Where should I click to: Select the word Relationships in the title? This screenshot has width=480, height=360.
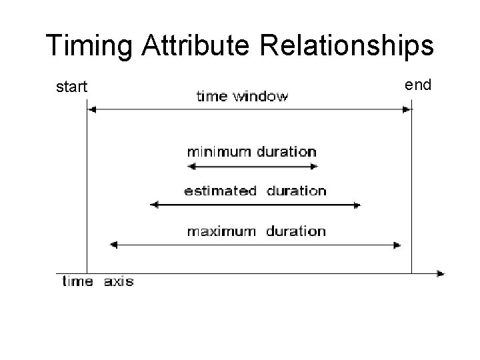(348, 46)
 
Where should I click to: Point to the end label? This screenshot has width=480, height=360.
(419, 85)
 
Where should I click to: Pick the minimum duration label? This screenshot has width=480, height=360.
(251, 151)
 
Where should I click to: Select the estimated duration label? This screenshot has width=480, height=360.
(255, 191)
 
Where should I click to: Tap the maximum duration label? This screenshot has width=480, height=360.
(256, 231)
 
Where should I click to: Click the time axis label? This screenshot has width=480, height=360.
(98, 281)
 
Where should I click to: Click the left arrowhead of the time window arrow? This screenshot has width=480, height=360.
(92, 110)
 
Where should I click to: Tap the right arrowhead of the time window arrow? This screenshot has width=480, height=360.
(407, 110)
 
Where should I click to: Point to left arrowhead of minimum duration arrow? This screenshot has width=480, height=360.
(190, 166)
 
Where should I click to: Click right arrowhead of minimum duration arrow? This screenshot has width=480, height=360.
(315, 166)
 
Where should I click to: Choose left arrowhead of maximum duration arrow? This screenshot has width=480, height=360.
(113, 245)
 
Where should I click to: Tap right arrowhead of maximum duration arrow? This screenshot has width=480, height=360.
(398, 245)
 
